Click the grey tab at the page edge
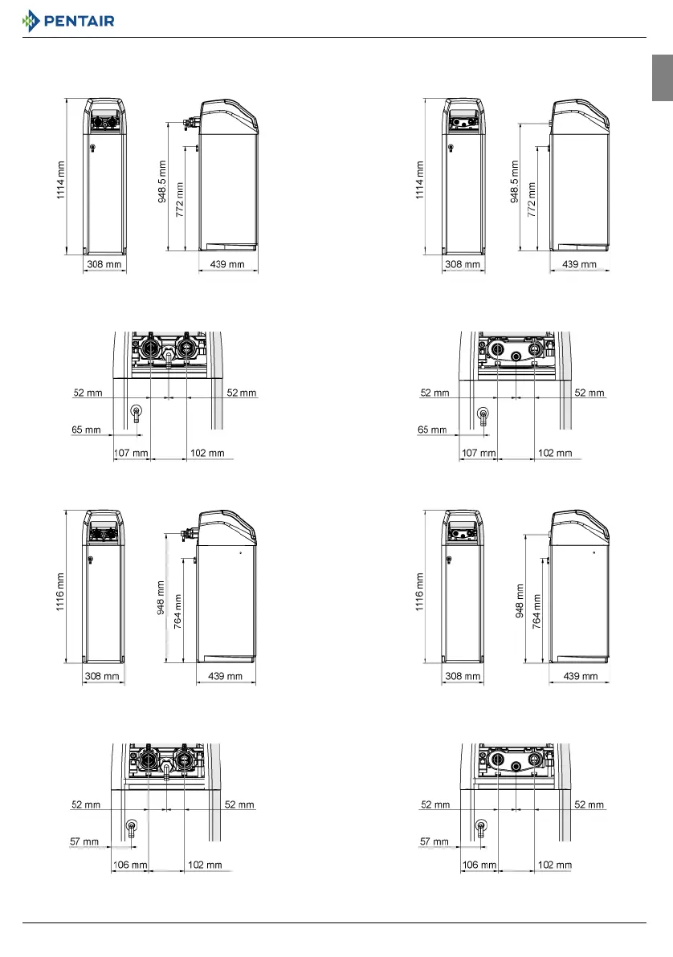tap(662, 78)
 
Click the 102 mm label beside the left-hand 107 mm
tap(208, 453)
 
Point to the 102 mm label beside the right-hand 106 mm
tap(555, 865)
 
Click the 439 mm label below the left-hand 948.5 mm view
tap(227, 264)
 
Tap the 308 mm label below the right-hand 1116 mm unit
tap(463, 677)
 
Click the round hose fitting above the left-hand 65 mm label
tap(136, 413)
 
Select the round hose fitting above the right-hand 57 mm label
tap(482, 826)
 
